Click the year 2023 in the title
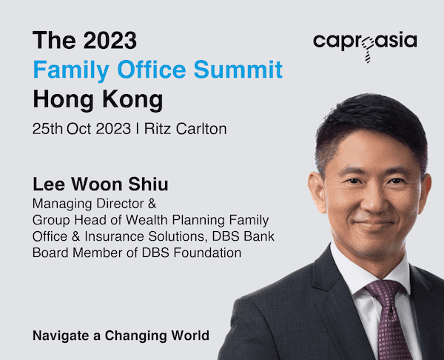110,41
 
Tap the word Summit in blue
238,70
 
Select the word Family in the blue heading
71,71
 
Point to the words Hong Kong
98,100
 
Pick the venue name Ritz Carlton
186,129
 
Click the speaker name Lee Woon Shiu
101,184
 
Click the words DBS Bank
243,236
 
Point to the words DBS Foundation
192,253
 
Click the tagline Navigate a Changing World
121,336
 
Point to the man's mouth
373,224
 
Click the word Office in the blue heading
152,70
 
